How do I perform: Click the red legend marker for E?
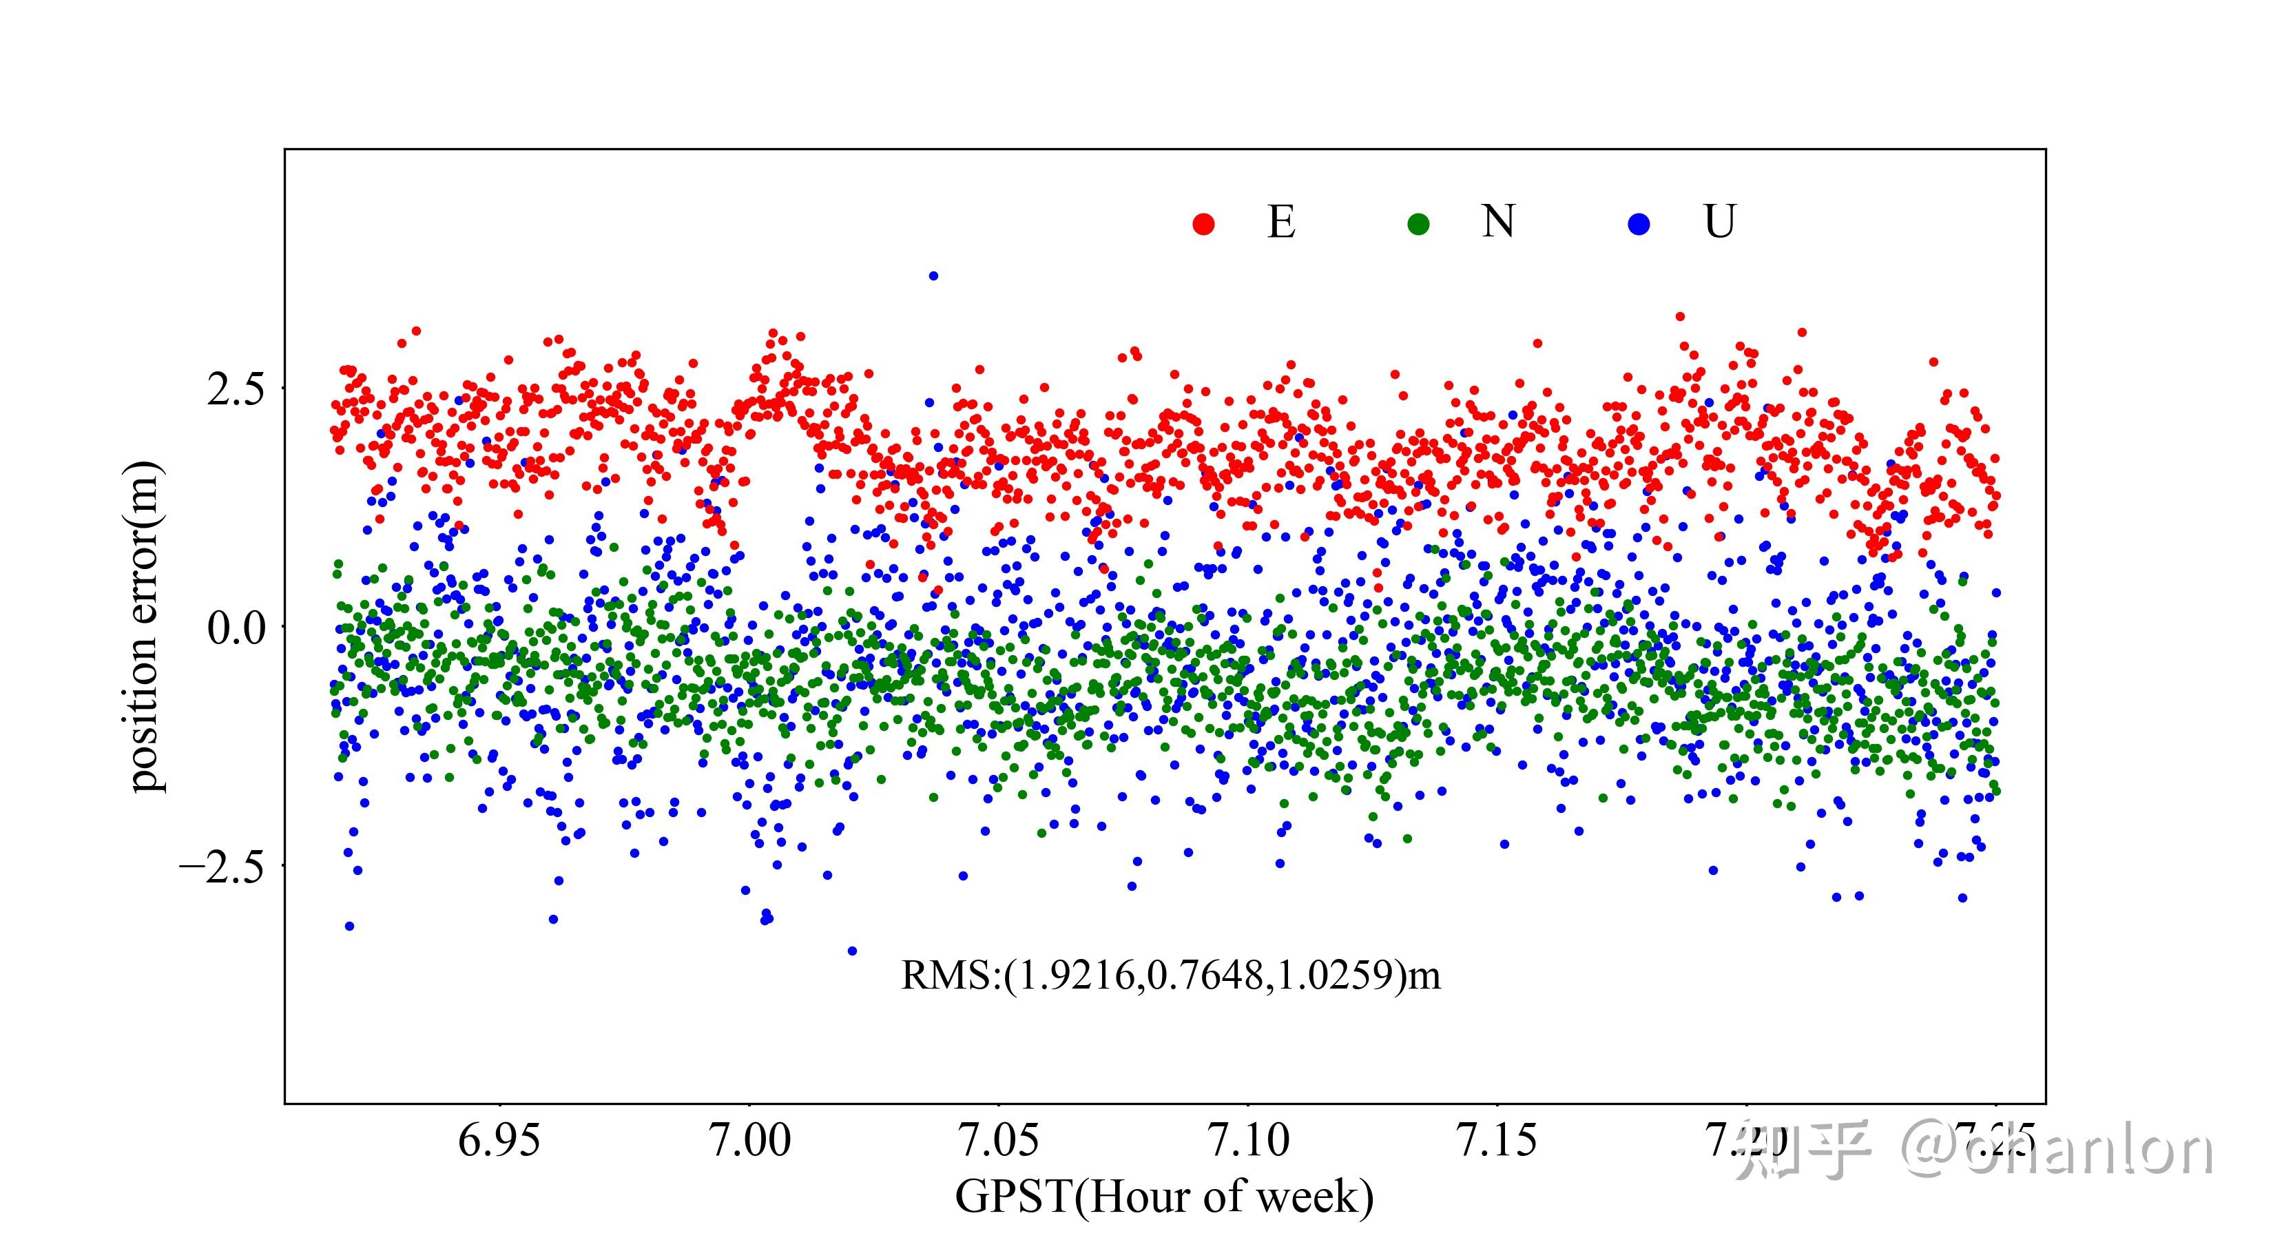tap(1203, 224)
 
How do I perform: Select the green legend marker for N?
tap(1418, 224)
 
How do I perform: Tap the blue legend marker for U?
tap(1639, 224)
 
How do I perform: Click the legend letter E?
tap(1281, 222)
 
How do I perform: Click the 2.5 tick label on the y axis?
tap(236, 389)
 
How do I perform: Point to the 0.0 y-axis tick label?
tap(236, 628)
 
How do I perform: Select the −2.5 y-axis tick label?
tap(222, 867)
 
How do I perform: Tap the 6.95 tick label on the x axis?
tap(499, 1140)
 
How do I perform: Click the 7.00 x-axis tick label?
tap(750, 1140)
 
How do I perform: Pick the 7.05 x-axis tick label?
tap(999, 1140)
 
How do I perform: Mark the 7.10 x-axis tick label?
tap(1249, 1140)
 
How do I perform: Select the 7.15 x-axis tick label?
tap(1497, 1140)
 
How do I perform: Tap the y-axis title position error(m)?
tap(144, 627)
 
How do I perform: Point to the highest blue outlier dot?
tap(933, 276)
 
